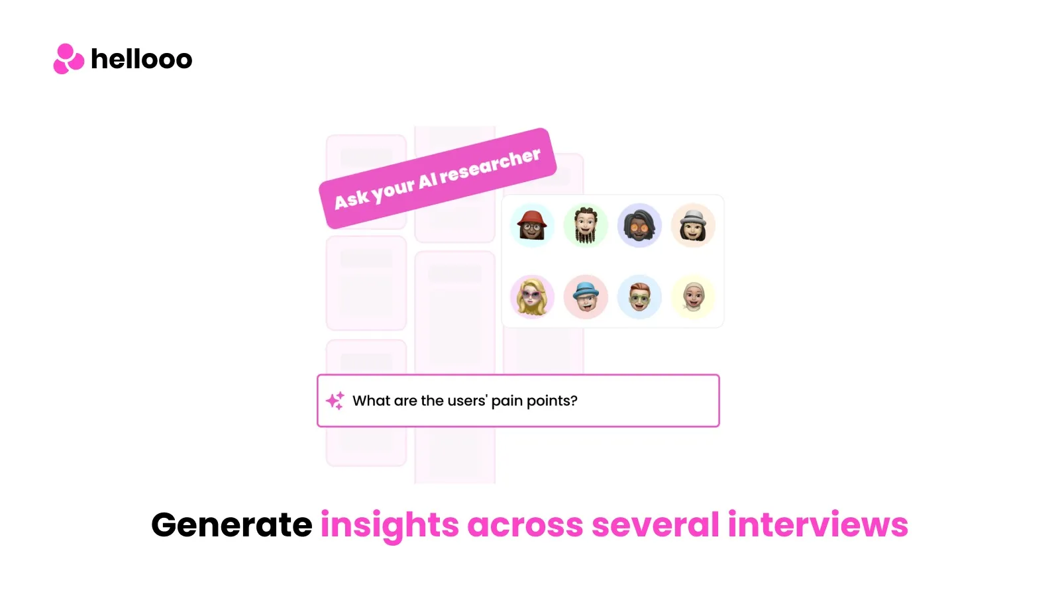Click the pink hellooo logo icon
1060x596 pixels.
(x=69, y=59)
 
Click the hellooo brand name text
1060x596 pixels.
(x=142, y=59)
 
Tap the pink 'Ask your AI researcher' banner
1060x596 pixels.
(x=437, y=178)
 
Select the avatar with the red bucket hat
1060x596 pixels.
(x=532, y=226)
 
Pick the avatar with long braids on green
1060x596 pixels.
(x=586, y=226)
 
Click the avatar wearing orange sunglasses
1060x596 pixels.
(x=639, y=226)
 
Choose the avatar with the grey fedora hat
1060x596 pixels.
(x=693, y=226)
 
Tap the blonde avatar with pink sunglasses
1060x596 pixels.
(x=532, y=297)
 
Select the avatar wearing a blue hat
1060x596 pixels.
(x=586, y=297)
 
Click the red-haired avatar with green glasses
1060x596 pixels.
(x=639, y=297)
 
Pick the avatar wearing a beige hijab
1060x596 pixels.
(x=693, y=297)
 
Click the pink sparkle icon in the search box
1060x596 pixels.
(x=335, y=401)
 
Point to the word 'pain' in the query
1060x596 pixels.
(x=507, y=401)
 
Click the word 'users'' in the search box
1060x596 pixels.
(x=468, y=401)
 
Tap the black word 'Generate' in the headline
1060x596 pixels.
(x=231, y=524)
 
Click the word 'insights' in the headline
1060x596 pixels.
(x=390, y=526)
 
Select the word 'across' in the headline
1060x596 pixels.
(x=525, y=526)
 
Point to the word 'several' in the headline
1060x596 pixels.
(x=655, y=524)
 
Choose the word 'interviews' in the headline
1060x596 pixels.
(x=818, y=524)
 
